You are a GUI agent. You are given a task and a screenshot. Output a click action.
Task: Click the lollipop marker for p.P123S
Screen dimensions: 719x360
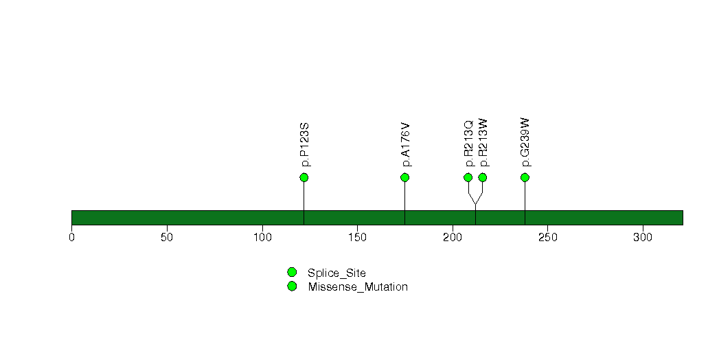(304, 177)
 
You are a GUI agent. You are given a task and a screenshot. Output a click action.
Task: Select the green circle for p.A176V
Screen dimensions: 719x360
(404, 177)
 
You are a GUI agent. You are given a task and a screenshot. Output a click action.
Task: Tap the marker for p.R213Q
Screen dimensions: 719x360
(468, 177)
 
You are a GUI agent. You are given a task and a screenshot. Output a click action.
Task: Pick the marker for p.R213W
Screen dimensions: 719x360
(482, 177)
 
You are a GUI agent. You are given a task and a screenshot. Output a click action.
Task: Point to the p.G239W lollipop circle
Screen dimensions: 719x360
(525, 177)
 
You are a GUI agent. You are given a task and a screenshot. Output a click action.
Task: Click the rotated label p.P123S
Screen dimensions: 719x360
(305, 144)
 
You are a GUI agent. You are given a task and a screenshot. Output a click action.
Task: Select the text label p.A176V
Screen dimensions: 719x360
(406, 144)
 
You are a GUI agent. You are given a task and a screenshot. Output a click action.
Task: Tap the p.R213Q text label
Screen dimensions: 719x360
(468, 144)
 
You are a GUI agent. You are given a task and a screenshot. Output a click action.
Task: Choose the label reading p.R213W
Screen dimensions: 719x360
(483, 143)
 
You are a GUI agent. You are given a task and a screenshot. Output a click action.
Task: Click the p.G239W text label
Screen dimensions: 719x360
(526, 142)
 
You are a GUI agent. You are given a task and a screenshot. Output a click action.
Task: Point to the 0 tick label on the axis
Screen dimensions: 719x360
(71, 238)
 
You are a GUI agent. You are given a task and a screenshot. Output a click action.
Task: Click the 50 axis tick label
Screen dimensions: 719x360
(167, 238)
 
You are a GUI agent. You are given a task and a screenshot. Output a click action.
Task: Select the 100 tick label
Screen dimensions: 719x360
(262, 238)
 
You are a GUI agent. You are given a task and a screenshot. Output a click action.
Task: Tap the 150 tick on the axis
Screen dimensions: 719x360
(357, 238)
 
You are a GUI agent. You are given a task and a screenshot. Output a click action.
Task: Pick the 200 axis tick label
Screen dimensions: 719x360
(453, 238)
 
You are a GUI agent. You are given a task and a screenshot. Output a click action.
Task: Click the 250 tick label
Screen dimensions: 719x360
(547, 238)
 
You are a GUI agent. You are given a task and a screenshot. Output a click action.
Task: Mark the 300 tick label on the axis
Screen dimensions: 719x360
(643, 238)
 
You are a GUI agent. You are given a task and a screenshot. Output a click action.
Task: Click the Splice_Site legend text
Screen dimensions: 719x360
(336, 273)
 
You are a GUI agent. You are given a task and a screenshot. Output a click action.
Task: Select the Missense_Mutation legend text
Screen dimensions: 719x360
(358, 287)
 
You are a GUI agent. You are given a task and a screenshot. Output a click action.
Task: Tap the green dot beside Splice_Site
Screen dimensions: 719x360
(292, 273)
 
